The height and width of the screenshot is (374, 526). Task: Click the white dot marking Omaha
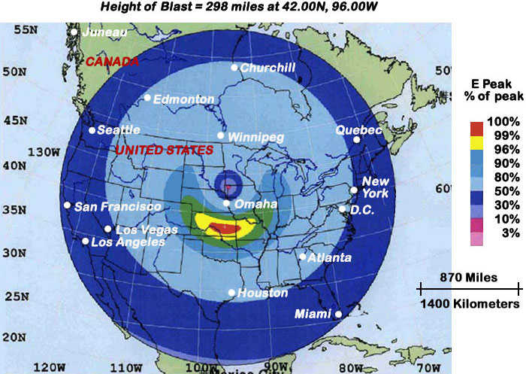(227, 204)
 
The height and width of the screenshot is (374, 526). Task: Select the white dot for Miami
(338, 314)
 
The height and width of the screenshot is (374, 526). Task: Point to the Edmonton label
(185, 99)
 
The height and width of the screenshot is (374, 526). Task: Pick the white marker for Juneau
(74, 32)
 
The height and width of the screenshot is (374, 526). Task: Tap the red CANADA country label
(111, 61)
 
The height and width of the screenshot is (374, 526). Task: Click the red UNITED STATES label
(164, 151)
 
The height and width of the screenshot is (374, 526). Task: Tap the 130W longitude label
(43, 151)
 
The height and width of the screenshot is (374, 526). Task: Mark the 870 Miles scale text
(470, 277)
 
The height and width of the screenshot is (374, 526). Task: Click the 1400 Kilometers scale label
(470, 303)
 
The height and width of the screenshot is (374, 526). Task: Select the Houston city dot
(231, 293)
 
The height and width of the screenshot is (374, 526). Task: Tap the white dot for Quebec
(358, 139)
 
